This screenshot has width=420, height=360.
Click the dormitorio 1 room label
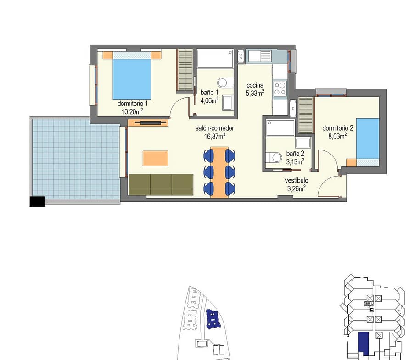tap(132, 104)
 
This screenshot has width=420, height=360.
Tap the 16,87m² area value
tap(214, 137)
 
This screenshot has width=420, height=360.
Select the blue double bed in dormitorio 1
tap(132, 75)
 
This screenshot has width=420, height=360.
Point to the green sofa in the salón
tap(161, 184)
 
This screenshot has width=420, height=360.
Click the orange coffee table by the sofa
tap(155, 158)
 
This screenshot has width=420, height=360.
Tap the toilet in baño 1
tap(225, 83)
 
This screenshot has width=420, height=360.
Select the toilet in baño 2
tap(274, 157)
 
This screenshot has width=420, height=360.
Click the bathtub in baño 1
tap(215, 59)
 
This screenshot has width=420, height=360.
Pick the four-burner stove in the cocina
tap(280, 89)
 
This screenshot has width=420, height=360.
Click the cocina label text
tap(255, 85)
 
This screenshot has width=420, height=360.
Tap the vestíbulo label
tap(296, 180)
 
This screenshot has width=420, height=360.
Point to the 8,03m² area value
tap(337, 136)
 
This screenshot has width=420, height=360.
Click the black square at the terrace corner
tap(38, 201)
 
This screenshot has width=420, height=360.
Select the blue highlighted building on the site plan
tap(213, 319)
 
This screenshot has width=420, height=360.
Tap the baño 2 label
tap(295, 154)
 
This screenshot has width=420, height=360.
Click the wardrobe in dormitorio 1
tap(185, 70)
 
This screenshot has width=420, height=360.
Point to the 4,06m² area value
tap(209, 100)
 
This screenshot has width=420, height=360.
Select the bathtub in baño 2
tap(280, 128)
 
